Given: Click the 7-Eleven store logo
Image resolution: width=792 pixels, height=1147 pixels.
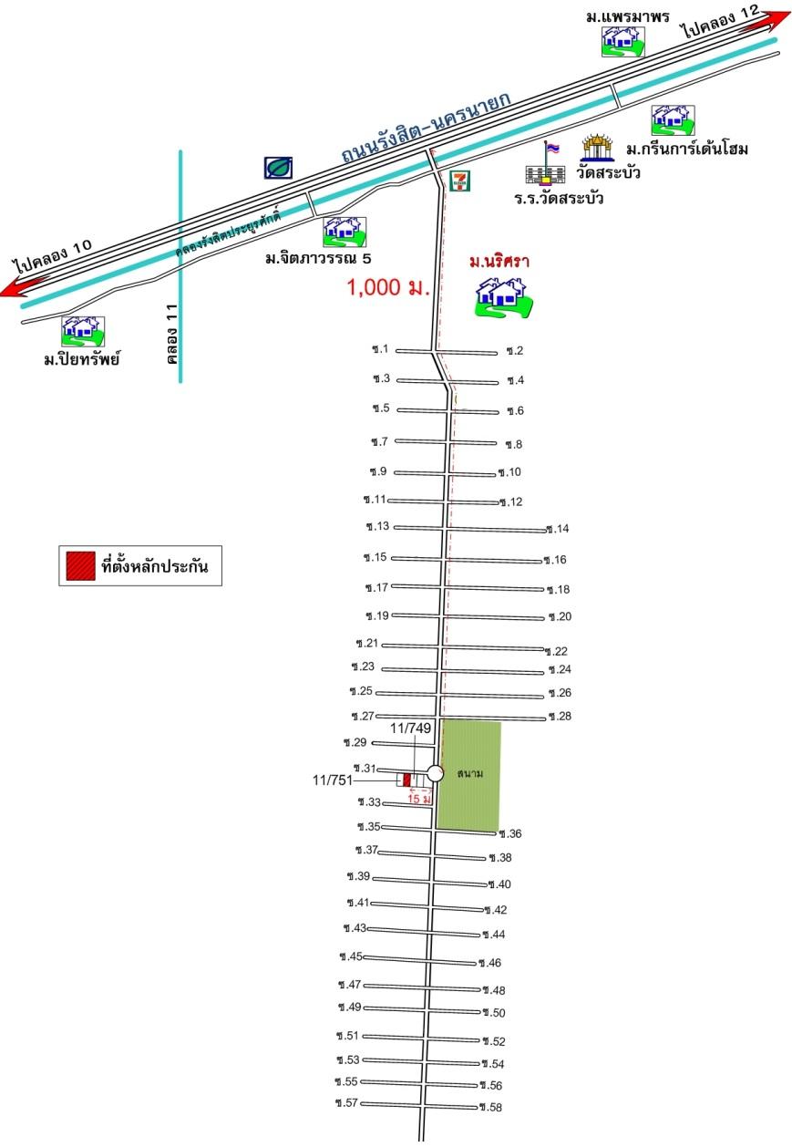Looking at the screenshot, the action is point(460,181).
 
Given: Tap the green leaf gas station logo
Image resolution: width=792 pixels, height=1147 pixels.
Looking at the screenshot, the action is point(278,168).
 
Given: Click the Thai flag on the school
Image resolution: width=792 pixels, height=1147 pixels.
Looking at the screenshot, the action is point(552,149).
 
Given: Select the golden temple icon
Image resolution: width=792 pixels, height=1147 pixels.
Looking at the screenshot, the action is point(597,148).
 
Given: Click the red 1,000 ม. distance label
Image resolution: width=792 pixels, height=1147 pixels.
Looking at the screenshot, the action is point(388,288).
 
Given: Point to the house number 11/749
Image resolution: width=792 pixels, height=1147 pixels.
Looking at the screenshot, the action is point(411,728).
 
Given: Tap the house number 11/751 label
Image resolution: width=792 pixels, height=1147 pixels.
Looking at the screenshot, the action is point(333,780).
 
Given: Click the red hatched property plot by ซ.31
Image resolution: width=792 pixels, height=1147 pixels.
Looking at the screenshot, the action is point(407,780).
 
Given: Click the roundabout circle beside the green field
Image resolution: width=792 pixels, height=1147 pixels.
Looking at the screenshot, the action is point(435,773).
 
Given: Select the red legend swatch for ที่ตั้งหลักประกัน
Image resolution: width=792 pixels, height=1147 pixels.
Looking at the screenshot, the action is point(81,566).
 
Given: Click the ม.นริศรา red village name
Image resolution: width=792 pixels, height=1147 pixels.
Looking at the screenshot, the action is point(499,263).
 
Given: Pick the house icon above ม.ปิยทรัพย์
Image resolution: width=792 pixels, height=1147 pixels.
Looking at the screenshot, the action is point(83,332).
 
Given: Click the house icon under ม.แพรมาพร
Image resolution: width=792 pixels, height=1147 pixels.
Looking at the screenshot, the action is point(622,41).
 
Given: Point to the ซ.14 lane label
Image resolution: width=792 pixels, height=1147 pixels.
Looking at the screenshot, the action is point(558,529).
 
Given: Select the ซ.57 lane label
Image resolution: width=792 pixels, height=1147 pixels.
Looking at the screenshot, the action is point(346,1102).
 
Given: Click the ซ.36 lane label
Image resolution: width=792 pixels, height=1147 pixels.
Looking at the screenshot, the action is point(509,833).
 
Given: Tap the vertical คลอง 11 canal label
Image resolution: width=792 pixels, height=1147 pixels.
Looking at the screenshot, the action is point(172,334).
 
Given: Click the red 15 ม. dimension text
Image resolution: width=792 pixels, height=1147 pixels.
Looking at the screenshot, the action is point(419,799).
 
